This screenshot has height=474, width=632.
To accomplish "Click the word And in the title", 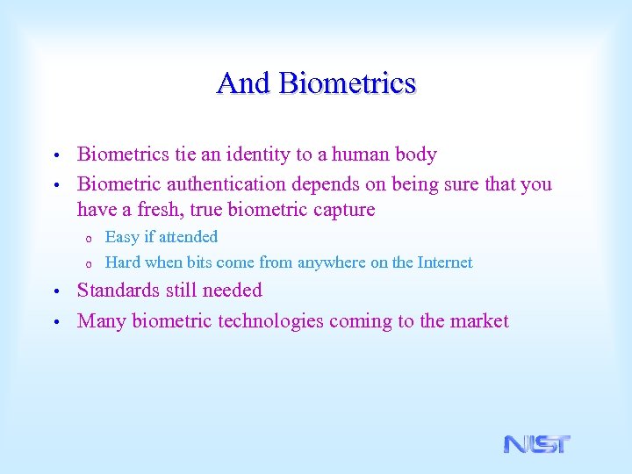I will (x=244, y=83).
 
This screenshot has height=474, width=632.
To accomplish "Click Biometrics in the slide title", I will (x=347, y=83).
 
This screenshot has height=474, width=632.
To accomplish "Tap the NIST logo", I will (x=536, y=444).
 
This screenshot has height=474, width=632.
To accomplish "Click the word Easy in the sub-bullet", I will (x=121, y=237).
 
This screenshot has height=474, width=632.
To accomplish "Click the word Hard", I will (x=123, y=262).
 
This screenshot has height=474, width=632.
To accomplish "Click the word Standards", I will (x=118, y=291).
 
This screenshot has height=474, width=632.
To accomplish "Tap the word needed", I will (x=233, y=291).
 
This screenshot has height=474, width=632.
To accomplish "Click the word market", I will (x=479, y=321).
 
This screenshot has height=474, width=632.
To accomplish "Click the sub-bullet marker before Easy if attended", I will (x=88, y=238).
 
